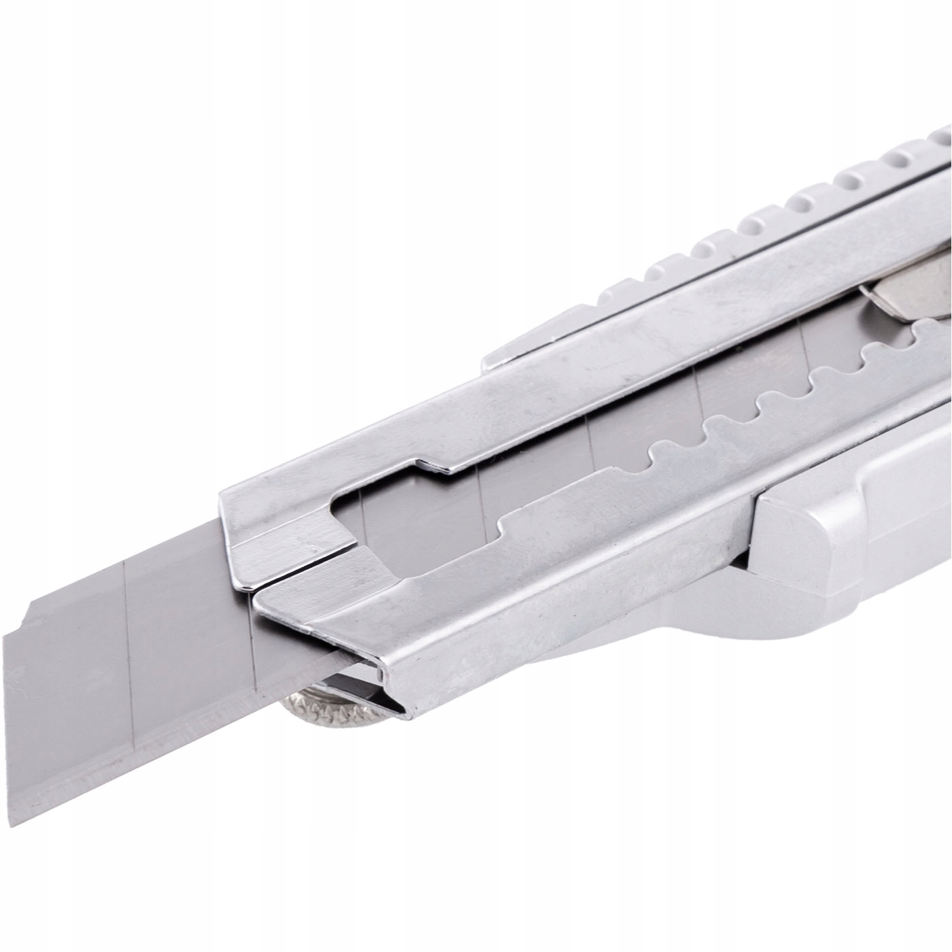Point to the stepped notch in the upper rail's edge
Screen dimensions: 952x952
coord(435,462)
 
